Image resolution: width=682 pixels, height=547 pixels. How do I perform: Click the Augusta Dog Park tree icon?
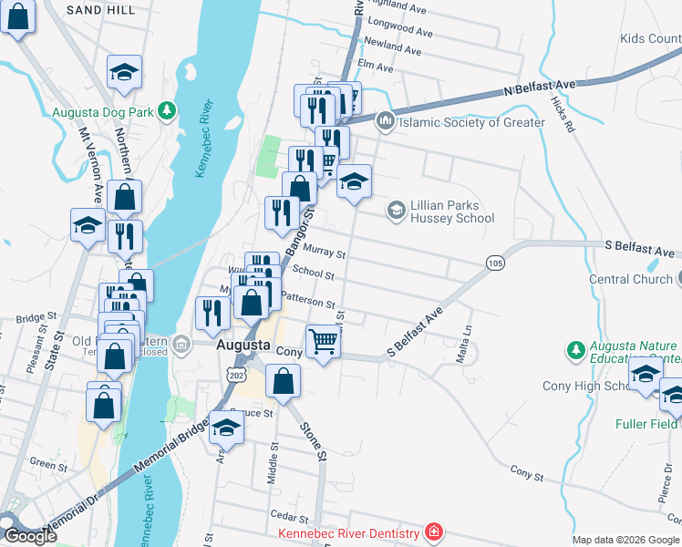(166, 111)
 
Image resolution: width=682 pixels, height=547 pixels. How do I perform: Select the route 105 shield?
(495, 263)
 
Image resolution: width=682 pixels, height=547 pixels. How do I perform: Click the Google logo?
(30, 535)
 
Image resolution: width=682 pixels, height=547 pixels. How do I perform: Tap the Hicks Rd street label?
(563, 118)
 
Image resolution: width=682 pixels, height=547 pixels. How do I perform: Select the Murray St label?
(328, 255)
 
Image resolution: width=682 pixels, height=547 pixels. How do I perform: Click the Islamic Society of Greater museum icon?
(385, 121)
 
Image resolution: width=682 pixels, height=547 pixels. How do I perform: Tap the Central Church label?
(630, 279)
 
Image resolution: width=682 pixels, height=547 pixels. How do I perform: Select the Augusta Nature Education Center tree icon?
(575, 349)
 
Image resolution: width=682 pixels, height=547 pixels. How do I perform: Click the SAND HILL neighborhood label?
(100, 10)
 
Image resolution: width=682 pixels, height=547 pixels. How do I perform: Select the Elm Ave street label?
(376, 67)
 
